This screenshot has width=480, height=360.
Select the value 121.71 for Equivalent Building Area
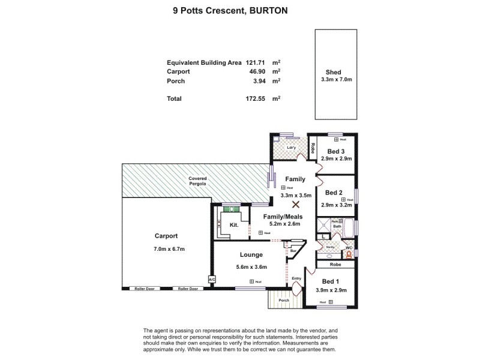pyautogui.click(x=256, y=62)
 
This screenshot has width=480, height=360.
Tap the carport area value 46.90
pyautogui.click(x=257, y=71)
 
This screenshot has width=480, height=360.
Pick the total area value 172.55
pyautogui.click(x=256, y=98)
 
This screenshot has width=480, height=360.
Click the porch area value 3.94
pyautogui.click(x=259, y=80)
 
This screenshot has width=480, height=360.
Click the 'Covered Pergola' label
pyautogui.click(x=197, y=181)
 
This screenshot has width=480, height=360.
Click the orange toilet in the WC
pyautogui.click(x=348, y=253)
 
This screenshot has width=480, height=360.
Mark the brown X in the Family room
pyautogui.click(x=295, y=205)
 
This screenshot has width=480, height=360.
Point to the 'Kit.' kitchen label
pyautogui.click(x=234, y=226)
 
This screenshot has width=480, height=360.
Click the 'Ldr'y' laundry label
pyautogui.click(x=292, y=148)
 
